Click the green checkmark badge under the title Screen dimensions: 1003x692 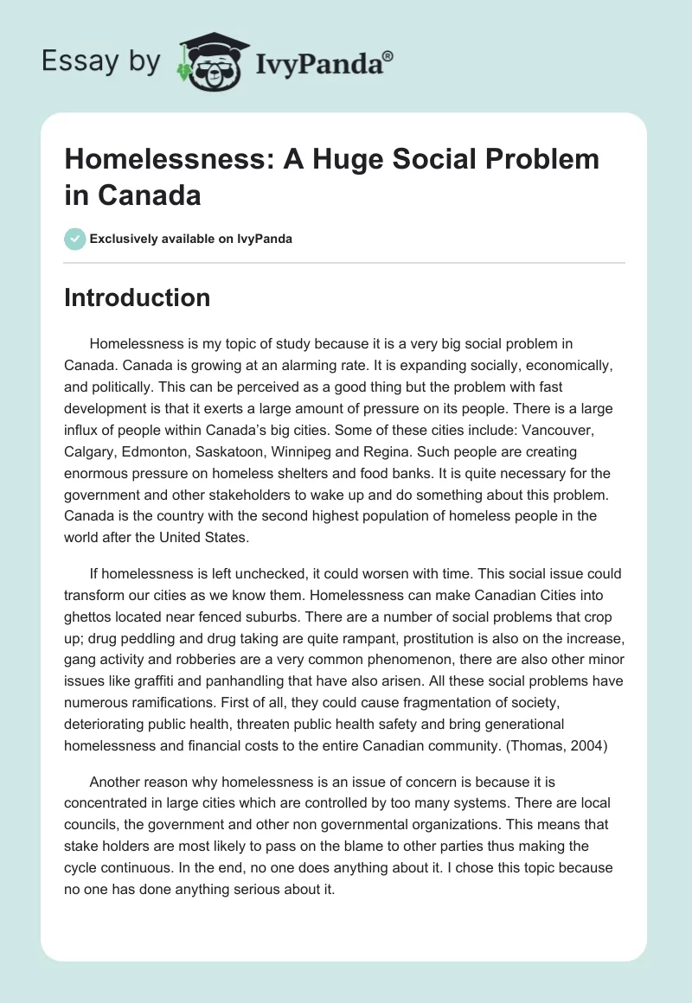point(74,239)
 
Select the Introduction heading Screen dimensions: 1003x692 point(138,297)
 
